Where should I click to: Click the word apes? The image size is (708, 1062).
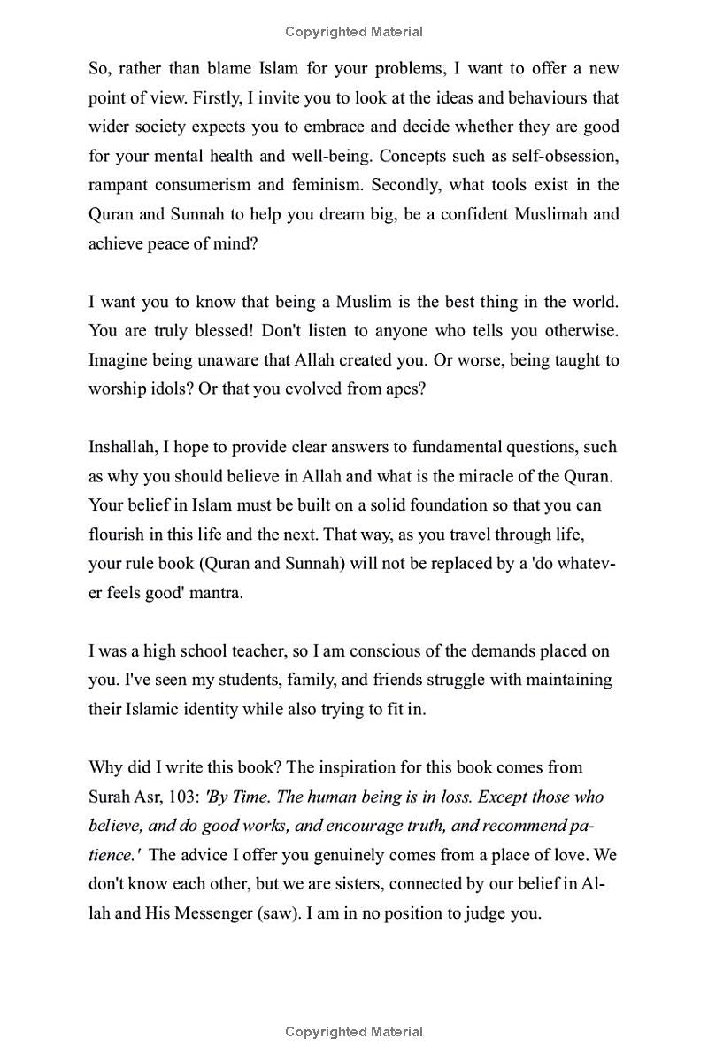click(x=404, y=389)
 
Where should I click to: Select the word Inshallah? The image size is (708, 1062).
click(x=123, y=447)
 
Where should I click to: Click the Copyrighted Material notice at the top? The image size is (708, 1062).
click(x=354, y=32)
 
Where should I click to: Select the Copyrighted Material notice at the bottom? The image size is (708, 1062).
click(x=354, y=1032)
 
